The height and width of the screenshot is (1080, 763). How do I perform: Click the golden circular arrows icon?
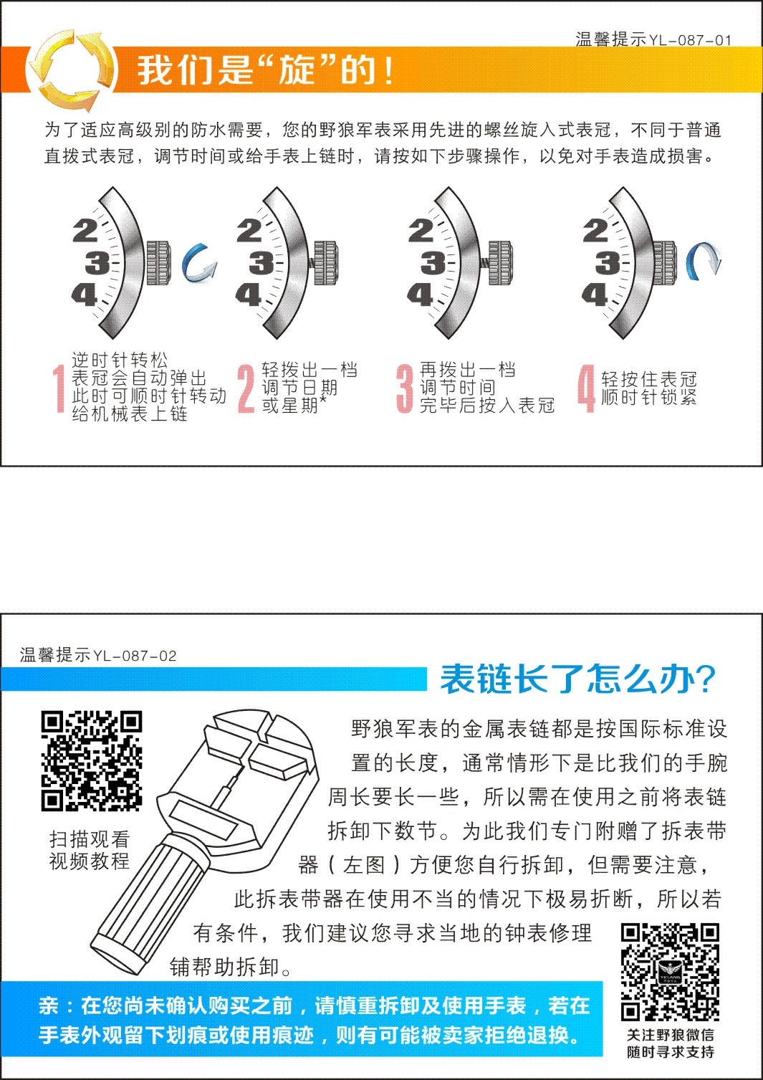(70, 70)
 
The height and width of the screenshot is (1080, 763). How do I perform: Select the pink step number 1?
(59, 389)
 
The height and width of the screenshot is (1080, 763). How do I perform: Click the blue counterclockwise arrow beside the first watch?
(198, 264)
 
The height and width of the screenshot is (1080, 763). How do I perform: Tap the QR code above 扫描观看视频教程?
(91, 760)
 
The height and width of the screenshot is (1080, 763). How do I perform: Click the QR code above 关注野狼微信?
(670, 972)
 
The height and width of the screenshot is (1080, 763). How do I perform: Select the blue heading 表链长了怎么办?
(577, 679)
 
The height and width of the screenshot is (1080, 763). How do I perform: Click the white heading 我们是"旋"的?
(265, 70)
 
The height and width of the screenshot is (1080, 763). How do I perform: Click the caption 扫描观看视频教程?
(90, 850)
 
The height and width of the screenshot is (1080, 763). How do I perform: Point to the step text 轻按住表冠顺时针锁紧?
(648, 388)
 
